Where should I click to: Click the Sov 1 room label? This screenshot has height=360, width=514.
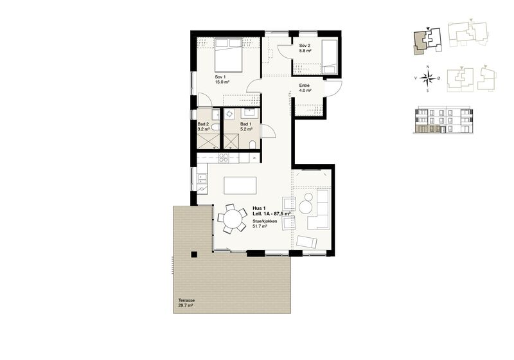[222, 79]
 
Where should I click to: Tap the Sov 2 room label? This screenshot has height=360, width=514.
[305, 48]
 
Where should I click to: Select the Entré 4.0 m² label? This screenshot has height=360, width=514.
[305, 88]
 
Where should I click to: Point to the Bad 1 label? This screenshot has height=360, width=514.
[246, 127]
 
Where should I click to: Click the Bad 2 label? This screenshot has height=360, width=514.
[204, 127]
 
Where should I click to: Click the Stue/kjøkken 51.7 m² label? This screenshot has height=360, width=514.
[265, 224]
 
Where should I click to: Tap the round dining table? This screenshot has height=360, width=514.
[233, 219]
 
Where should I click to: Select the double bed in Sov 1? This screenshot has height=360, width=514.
[229, 55]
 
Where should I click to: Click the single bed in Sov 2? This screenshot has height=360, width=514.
[329, 57]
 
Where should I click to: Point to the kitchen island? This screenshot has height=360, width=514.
[240, 186]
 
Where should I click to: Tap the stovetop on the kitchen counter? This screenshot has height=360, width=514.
[224, 158]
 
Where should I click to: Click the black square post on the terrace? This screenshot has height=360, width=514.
[194, 255]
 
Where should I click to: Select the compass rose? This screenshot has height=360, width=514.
[427, 78]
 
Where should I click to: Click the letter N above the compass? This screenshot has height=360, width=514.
[427, 67]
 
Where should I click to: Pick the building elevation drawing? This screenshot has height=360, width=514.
[443, 120]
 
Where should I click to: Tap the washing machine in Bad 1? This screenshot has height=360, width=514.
[229, 113]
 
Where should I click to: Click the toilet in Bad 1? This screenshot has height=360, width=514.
[253, 145]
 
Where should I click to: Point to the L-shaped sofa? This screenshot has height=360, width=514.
[319, 209]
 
